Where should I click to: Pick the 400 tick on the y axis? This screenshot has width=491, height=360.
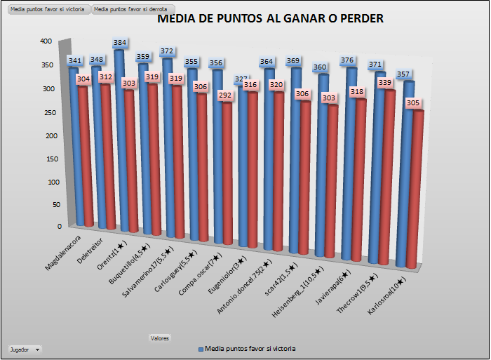[x=46, y=41]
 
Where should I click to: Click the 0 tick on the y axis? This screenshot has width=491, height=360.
[x=50, y=226]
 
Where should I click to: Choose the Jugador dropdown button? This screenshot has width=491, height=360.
[x=24, y=349]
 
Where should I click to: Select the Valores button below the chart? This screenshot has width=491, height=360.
[x=159, y=338]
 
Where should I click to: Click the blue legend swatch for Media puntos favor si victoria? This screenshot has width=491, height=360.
[x=201, y=349]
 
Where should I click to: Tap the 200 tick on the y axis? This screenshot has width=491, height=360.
[x=46, y=135]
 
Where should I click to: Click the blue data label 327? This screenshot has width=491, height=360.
[x=242, y=80]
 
